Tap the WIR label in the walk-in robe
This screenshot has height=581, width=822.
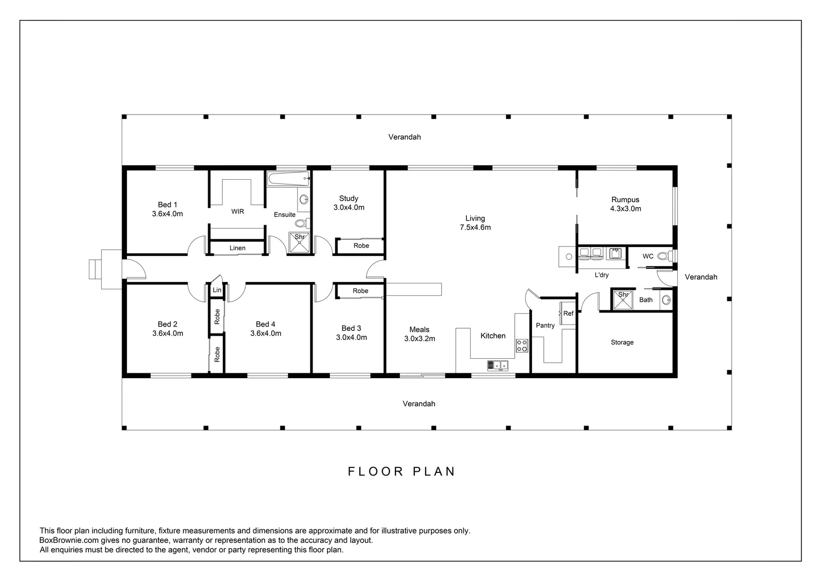[x=238, y=211]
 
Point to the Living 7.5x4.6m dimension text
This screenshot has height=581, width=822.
[x=475, y=227]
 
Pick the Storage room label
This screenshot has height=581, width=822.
[x=622, y=342]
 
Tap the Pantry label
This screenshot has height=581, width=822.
[x=545, y=325]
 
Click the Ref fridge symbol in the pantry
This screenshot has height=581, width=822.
[x=568, y=314]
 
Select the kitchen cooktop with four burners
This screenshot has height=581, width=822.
[x=522, y=345]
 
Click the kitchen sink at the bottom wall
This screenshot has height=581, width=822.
[x=498, y=365]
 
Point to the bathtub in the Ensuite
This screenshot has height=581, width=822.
[x=288, y=179]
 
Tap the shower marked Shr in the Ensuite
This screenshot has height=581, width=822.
[x=300, y=243]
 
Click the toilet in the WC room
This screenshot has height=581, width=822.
[x=665, y=256]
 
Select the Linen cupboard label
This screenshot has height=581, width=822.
[x=237, y=248]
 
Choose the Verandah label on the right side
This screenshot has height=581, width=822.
[x=700, y=277]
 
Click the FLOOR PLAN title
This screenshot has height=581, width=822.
[x=401, y=471]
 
